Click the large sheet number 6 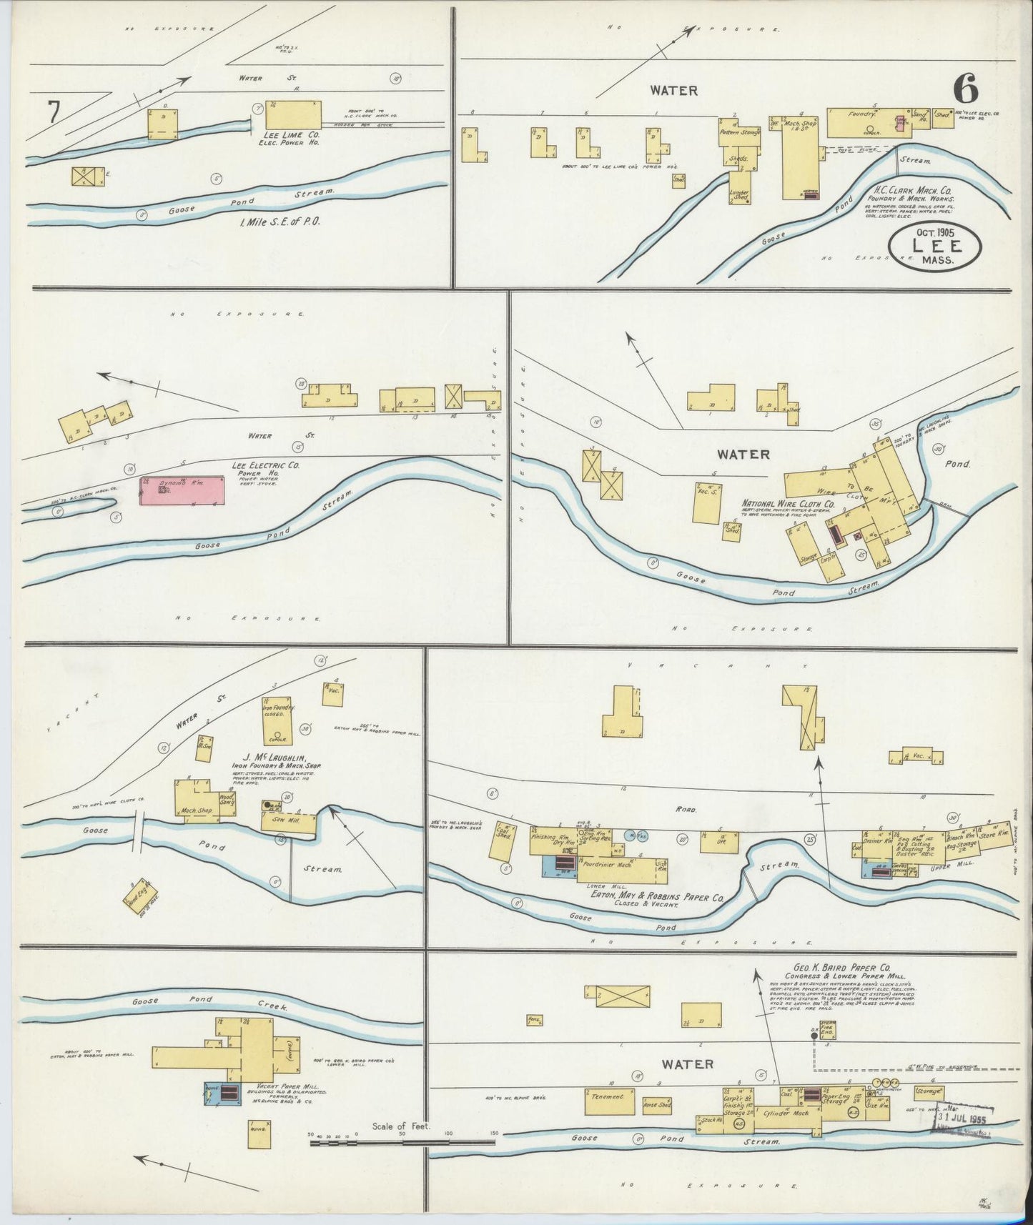pos(964,91)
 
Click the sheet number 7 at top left pos(54,114)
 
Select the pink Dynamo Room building pos(182,491)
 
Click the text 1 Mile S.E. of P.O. pos(280,222)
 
